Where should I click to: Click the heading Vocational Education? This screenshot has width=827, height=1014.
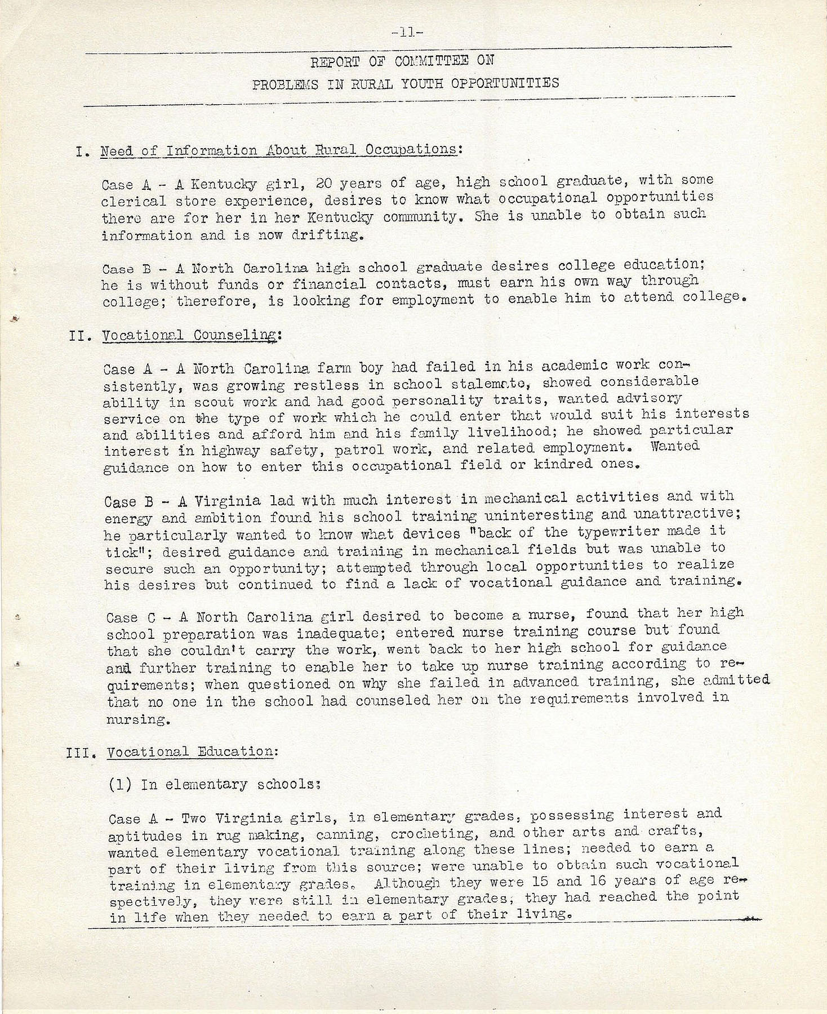(190, 751)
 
